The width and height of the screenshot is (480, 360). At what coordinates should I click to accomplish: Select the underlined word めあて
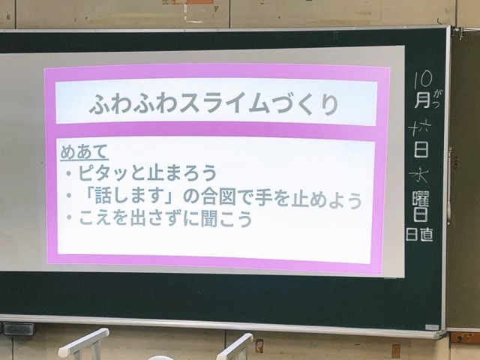tap(84, 151)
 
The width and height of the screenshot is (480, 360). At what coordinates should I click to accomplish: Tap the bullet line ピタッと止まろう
tap(148, 173)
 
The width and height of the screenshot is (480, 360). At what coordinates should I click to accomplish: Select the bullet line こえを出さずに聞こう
tap(165, 218)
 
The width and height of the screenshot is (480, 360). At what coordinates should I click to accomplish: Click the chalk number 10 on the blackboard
tap(423, 79)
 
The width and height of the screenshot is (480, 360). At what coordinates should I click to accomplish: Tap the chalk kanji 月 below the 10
tap(422, 100)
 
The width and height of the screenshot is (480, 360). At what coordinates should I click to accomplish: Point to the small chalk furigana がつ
tap(436, 99)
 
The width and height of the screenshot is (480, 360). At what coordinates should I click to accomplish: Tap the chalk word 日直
tap(419, 234)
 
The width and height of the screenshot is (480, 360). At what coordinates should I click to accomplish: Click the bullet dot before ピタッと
tap(69, 173)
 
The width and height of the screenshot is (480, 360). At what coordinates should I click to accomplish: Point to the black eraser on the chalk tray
tap(17, 328)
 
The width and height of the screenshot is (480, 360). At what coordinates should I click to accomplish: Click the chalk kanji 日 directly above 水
tap(421, 149)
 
